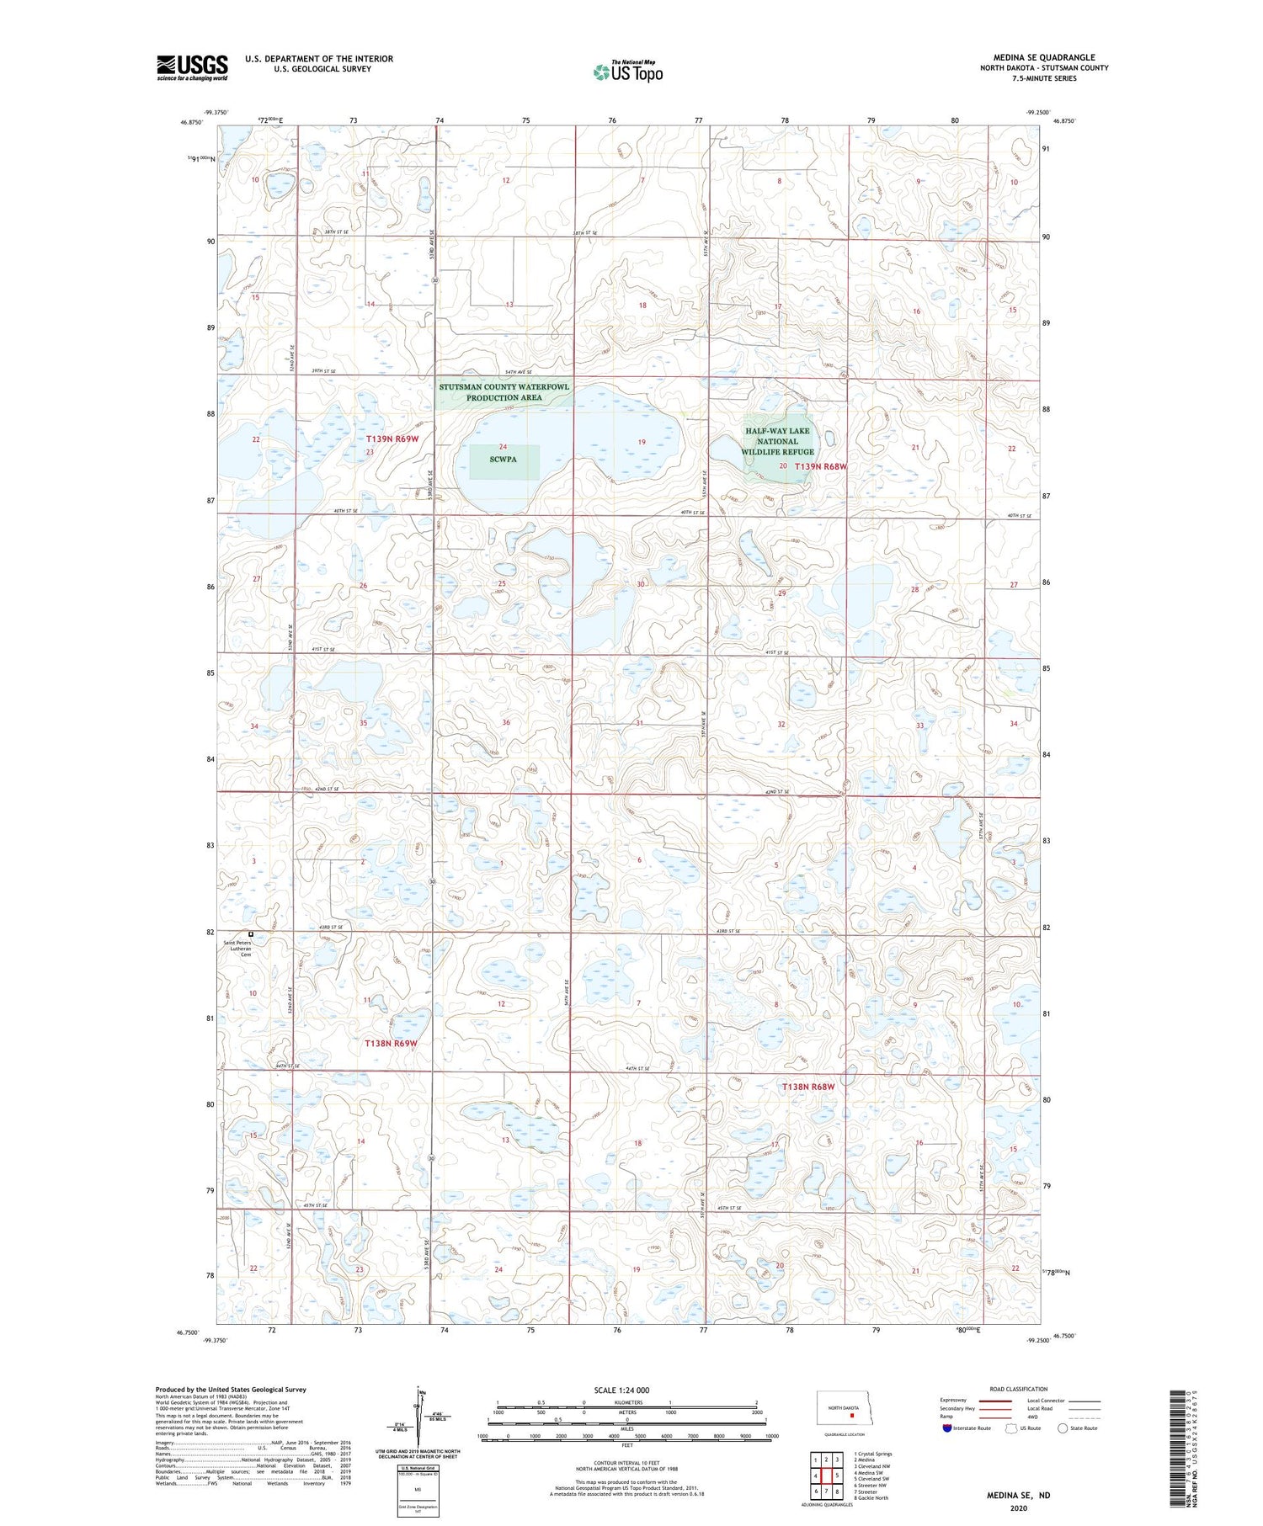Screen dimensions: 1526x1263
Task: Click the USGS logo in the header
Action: pos(192,67)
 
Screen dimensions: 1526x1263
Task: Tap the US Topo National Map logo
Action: pos(627,72)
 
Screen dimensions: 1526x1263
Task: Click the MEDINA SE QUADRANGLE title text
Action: pos(1044,57)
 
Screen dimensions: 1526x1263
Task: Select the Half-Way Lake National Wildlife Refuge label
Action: pos(777,441)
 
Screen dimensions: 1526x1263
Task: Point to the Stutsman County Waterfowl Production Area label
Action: pos(504,392)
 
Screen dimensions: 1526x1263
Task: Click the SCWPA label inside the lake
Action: pos(503,460)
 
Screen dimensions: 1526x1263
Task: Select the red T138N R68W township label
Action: pos(808,1087)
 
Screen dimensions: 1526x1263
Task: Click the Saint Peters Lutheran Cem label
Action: pos(237,948)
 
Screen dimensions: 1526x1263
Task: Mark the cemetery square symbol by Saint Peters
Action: pos(250,933)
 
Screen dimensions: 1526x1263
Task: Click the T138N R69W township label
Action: pos(391,1043)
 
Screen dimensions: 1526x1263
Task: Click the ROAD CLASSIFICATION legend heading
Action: pos(1019,1389)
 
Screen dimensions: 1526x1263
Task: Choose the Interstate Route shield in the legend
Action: pos(948,1428)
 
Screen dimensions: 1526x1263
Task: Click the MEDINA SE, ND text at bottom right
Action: pos(1018,1496)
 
